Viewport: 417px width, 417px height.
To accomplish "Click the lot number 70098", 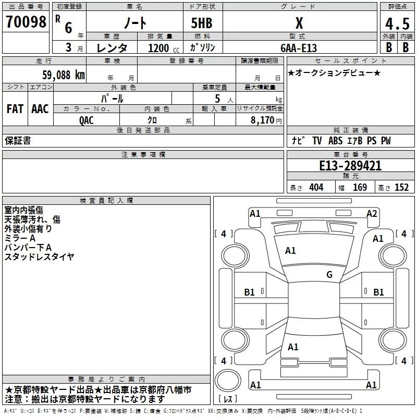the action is (26, 22).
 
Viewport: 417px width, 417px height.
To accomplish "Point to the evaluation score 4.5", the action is (397, 24).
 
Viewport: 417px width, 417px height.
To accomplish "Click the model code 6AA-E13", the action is (299, 47).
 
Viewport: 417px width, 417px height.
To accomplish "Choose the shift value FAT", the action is (15, 109).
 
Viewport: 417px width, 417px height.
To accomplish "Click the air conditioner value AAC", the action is (40, 109).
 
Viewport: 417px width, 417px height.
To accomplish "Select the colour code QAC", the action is (87, 120).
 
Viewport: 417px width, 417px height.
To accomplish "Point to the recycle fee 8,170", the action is (265, 120).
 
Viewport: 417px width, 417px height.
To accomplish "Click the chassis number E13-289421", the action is (350, 166).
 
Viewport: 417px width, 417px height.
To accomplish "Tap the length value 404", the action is (316, 188).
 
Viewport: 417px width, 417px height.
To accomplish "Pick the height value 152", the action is (402, 188).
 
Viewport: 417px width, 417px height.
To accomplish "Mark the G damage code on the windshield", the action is (329, 274).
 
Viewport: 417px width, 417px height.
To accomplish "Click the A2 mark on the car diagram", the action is (372, 213).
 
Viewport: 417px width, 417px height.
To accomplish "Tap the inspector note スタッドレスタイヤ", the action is (40, 256).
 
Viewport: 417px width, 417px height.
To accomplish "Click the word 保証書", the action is (18, 141).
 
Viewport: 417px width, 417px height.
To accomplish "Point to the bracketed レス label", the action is (228, 399).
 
